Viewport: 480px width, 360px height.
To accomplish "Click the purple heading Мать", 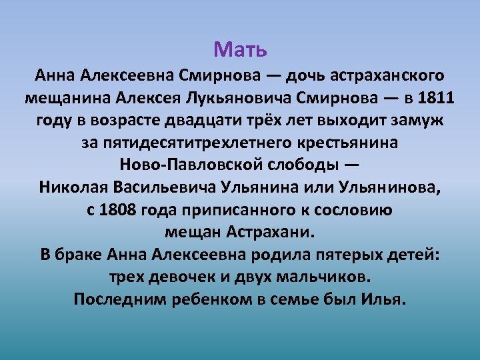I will click(240, 49).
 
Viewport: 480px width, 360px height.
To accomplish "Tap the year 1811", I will click(436, 99).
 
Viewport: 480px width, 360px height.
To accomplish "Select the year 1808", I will click(118, 210).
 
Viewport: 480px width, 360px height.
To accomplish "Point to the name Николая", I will click(71, 187).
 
